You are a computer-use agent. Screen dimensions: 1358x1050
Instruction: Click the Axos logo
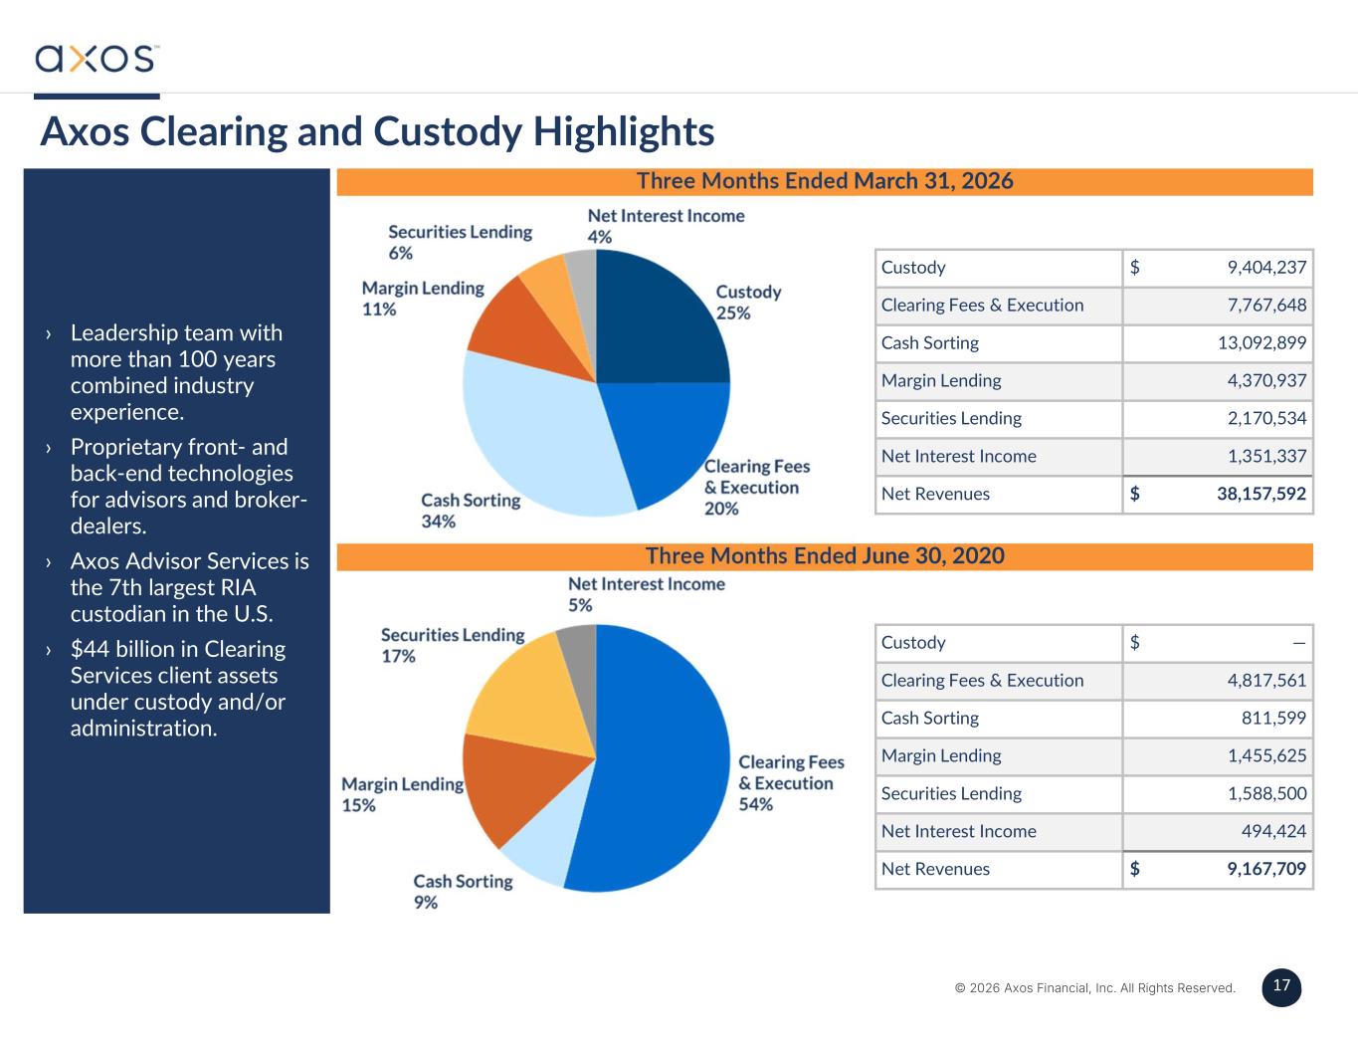97,58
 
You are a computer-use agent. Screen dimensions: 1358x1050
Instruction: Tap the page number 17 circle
1281,987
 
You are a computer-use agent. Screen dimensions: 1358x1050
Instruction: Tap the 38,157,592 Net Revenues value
1261,494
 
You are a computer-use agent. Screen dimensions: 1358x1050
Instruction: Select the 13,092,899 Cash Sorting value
1261,342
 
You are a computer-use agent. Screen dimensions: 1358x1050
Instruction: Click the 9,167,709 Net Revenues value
1266,868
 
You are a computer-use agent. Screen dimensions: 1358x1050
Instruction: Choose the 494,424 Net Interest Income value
1273,831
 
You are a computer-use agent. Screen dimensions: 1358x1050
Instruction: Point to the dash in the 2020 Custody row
1299,643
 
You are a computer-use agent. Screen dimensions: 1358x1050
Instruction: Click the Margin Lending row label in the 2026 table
941,380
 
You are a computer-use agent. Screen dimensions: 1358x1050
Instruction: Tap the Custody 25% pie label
748,302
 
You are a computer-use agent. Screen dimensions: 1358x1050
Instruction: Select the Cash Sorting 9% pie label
463,891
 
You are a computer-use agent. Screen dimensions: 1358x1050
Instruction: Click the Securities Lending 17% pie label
453,645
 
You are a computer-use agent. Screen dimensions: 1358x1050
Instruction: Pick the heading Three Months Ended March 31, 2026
825,181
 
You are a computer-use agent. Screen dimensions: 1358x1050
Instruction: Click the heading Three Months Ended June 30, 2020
825,556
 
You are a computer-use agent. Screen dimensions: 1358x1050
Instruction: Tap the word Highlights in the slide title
623,132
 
